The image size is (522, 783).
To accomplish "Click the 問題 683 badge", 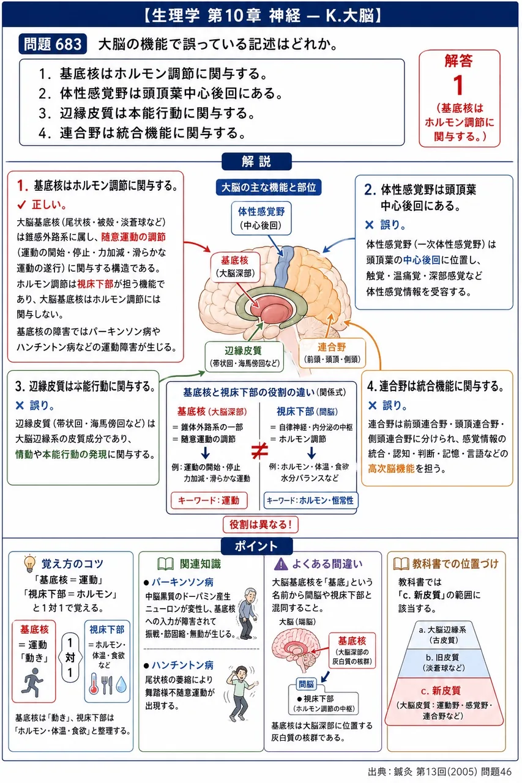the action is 53,44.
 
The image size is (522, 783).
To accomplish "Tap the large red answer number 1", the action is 458,85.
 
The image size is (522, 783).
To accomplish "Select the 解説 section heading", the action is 256,161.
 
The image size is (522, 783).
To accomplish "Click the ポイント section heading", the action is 256,546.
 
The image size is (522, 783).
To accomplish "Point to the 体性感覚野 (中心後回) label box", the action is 261,218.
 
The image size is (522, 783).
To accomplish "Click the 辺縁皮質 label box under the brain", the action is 244,357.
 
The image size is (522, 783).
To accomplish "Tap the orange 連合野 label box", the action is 332,353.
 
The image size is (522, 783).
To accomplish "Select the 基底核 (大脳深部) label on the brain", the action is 235,267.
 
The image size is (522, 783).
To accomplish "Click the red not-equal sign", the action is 259,451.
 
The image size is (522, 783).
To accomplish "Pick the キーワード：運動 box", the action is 209,500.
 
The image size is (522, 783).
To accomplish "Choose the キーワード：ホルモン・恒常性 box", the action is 310,500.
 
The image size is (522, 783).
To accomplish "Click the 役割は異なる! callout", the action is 261,524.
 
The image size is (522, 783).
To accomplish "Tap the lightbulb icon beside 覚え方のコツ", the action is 30,563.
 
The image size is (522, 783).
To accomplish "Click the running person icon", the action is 32,682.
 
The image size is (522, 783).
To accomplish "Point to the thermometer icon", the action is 94,683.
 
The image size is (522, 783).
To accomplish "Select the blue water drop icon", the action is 121,685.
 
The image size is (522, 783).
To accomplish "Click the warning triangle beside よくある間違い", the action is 281,563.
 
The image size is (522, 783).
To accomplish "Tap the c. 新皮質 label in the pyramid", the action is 441,691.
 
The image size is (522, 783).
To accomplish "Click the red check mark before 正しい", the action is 21,205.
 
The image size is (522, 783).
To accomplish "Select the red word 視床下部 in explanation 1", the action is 95,284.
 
